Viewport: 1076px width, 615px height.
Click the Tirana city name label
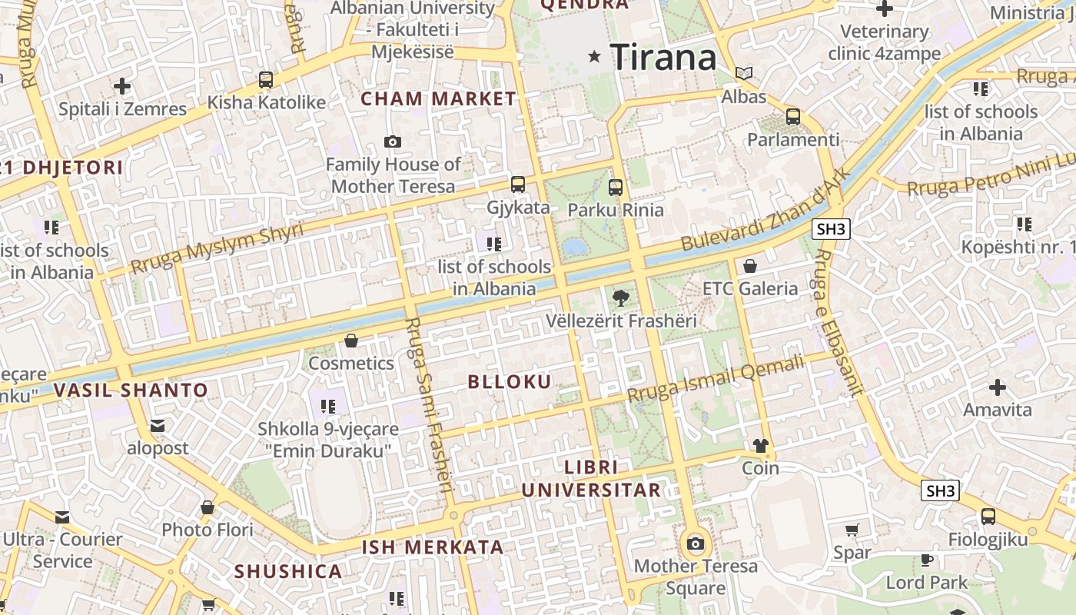tap(663, 57)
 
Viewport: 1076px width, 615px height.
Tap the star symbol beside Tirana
tap(594, 56)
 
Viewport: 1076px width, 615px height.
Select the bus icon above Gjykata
tap(518, 184)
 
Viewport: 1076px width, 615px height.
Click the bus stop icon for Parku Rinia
tap(615, 187)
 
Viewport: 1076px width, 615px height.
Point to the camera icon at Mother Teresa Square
tap(696, 544)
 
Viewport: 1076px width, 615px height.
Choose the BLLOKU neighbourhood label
tap(510, 381)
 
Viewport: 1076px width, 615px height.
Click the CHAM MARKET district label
tap(438, 98)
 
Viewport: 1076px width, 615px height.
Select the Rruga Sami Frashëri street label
tap(430, 404)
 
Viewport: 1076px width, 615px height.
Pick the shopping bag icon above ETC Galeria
tap(750, 266)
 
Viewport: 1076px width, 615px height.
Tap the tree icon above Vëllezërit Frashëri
tap(621, 298)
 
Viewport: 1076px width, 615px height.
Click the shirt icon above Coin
tap(760, 445)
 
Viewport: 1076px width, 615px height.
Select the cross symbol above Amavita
tap(998, 387)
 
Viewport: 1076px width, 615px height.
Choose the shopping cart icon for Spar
tap(852, 530)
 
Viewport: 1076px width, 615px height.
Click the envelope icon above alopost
tap(158, 426)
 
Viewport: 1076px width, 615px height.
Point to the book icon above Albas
tap(743, 73)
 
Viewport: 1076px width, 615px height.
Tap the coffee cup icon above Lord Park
tap(927, 560)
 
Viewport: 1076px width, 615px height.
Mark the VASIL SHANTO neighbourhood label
tap(131, 390)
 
